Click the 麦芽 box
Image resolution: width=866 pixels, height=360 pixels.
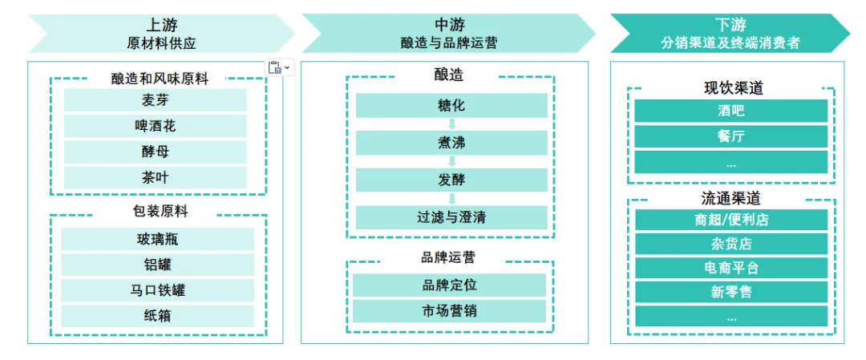(x=155, y=100)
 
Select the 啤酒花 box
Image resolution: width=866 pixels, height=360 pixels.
(x=155, y=126)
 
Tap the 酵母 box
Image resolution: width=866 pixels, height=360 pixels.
(x=155, y=152)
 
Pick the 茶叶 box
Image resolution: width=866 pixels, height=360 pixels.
(x=155, y=177)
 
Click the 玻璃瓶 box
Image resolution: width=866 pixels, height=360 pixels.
(x=157, y=239)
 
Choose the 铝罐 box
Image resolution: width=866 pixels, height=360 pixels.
(x=157, y=265)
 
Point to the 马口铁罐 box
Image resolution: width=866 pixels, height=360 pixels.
(x=157, y=289)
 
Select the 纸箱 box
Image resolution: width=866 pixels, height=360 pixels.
(x=157, y=315)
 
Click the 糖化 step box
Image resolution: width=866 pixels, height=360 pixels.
(x=451, y=105)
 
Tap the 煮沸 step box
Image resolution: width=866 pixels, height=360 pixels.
(x=451, y=143)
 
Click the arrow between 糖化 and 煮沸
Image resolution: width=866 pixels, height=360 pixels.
(x=451, y=124)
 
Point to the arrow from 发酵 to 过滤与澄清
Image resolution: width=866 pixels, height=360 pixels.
(x=451, y=198)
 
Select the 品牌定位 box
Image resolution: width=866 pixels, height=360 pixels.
(x=449, y=285)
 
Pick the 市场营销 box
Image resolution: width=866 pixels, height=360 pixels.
(x=449, y=310)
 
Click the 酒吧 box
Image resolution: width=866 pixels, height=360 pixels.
(x=730, y=111)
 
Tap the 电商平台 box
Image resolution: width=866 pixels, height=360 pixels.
(x=730, y=268)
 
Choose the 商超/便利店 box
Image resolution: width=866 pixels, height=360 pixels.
(x=730, y=220)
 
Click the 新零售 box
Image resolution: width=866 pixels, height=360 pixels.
(x=730, y=292)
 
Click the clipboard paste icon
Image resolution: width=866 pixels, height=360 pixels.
(x=275, y=67)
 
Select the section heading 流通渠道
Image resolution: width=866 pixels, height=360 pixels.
(x=730, y=198)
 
